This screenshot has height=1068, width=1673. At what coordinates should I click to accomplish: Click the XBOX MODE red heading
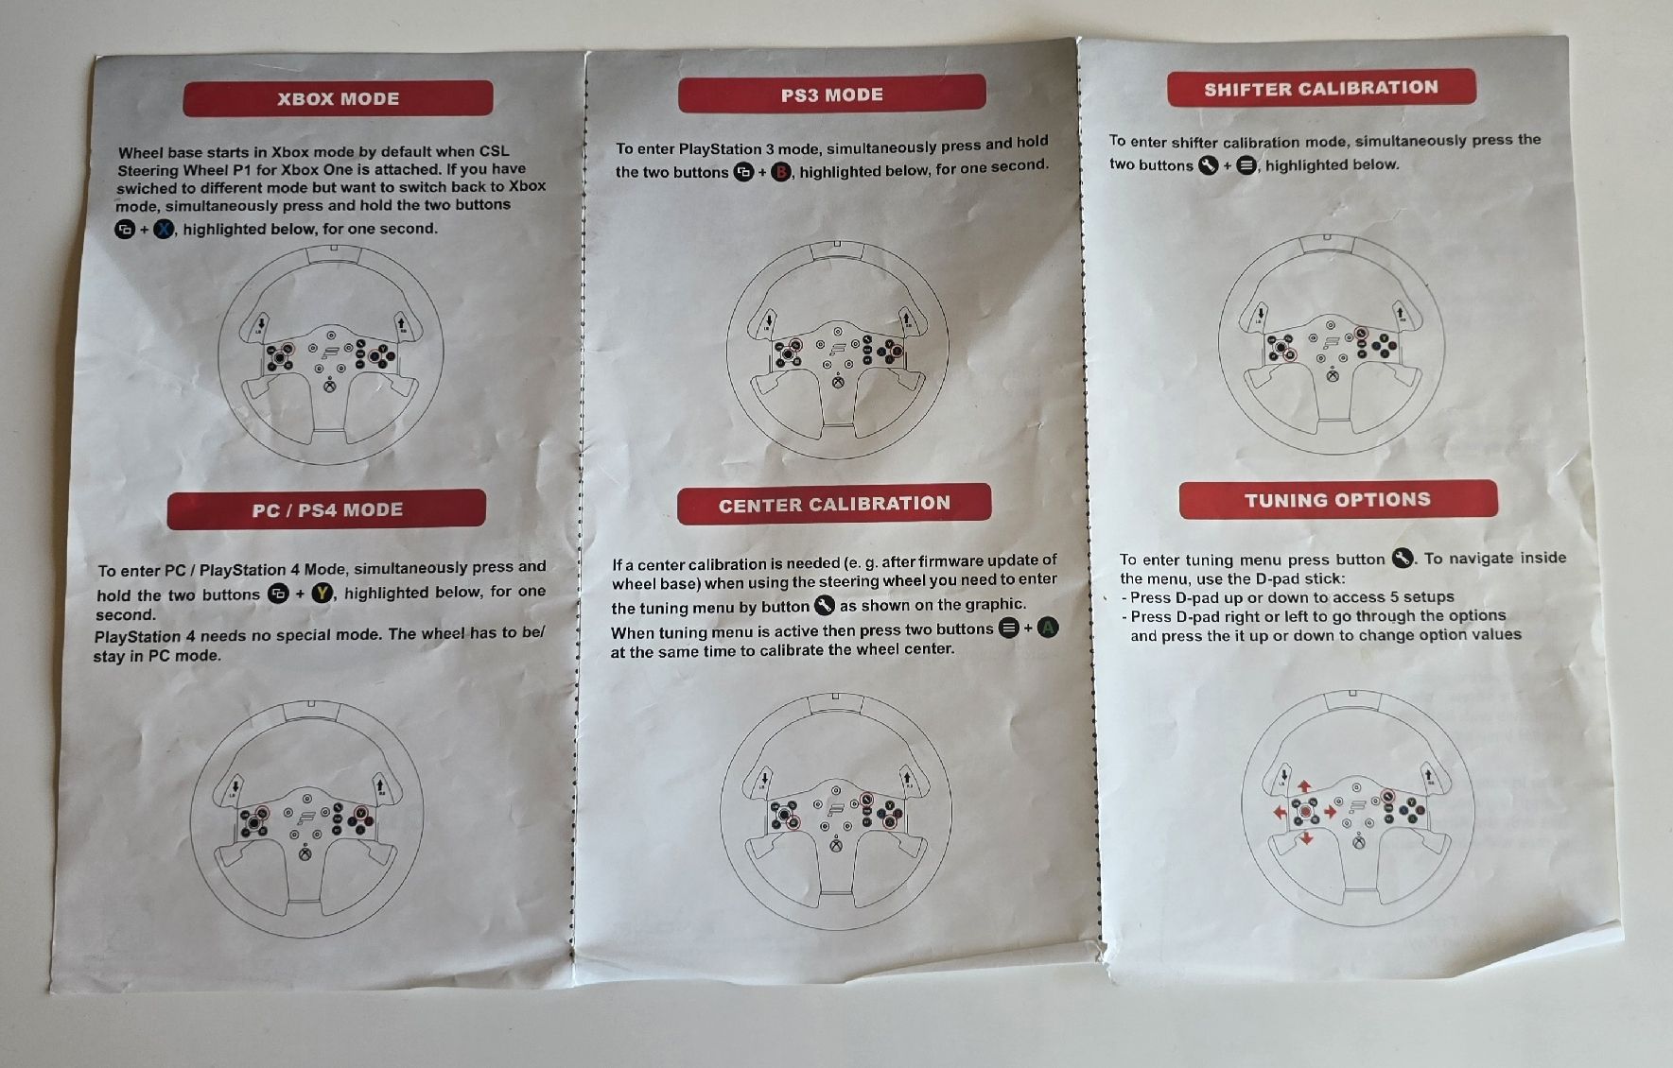(338, 98)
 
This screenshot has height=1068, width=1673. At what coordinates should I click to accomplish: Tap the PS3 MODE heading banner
(832, 95)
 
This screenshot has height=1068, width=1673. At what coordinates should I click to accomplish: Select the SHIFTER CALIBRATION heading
(1321, 88)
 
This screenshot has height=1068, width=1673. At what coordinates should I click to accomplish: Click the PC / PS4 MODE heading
(326, 509)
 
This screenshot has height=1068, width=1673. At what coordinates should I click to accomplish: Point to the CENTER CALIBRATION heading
(834, 504)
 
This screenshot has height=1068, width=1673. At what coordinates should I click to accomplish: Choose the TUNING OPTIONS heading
(1337, 499)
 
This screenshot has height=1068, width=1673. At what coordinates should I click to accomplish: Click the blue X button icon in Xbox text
(164, 229)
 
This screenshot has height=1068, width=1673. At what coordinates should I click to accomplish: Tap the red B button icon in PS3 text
(781, 172)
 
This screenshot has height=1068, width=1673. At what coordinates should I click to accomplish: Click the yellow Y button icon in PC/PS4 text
(322, 593)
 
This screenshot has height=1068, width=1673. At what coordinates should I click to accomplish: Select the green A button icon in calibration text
(1048, 628)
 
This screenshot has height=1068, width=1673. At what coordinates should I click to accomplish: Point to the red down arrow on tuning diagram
(1306, 838)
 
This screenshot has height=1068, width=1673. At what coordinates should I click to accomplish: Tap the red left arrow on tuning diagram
(1280, 813)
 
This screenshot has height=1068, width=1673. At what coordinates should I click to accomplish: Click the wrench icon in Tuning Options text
(1403, 558)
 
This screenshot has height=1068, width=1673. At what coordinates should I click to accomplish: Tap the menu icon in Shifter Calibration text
(1247, 165)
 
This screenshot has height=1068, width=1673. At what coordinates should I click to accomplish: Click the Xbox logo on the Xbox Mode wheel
(328, 386)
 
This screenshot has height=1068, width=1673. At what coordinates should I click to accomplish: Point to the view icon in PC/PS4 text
(278, 594)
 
